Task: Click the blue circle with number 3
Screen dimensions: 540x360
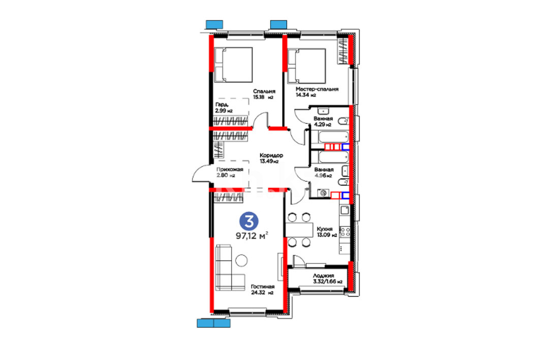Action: point(249,221)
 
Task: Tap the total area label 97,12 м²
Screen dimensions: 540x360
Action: point(252,236)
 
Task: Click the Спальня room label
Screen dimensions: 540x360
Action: point(264,91)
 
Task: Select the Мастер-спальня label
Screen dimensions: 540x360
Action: point(317,89)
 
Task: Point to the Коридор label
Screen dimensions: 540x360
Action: point(271,155)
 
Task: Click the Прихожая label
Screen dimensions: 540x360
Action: point(230,169)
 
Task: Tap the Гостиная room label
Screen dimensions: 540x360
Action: point(263,287)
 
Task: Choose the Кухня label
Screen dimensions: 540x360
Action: point(325,229)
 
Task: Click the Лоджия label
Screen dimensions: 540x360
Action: point(324,276)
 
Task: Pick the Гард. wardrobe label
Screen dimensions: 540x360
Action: point(223,105)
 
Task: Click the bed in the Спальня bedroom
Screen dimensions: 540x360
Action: point(233,65)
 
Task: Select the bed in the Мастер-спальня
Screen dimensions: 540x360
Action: point(306,66)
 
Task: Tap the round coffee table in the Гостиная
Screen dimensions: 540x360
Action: point(241,260)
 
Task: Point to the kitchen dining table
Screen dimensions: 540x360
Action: point(299,230)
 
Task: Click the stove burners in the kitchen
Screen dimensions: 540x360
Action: point(345,232)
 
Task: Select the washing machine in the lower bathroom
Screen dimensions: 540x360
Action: point(323,193)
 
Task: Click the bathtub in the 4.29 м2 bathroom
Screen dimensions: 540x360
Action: point(333,137)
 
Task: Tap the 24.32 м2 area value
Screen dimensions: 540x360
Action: point(262,293)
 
